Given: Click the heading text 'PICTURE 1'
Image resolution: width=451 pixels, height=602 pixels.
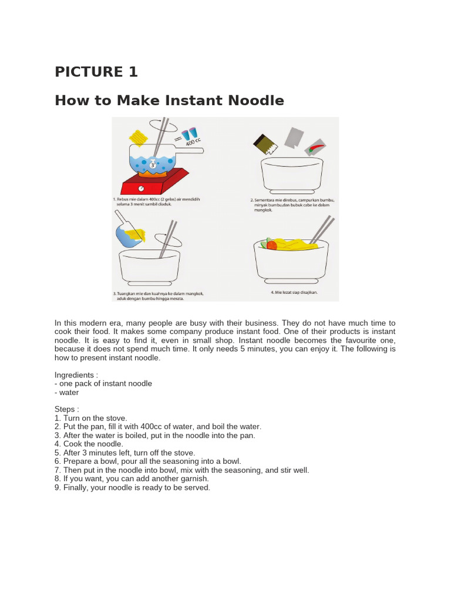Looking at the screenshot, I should pos(96,72).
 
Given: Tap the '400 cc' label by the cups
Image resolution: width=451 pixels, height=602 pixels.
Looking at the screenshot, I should pos(194,142).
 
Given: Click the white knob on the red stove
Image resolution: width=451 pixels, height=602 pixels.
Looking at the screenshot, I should pos(142,188).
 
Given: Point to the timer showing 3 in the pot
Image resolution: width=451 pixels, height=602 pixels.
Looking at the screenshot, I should pos(153,165).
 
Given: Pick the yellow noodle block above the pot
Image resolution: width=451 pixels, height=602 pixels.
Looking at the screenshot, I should pos(140,138).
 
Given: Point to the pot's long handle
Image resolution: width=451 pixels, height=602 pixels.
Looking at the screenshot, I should pos(191,151).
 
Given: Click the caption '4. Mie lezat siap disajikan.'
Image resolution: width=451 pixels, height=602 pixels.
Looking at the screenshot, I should pos(294,292).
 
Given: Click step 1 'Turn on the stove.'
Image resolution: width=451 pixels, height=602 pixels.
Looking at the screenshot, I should pos(90,417).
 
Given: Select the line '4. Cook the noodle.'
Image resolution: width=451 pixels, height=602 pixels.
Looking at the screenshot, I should pos(89,444).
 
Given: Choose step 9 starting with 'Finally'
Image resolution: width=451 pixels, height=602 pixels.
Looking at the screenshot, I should pos(132,487).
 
